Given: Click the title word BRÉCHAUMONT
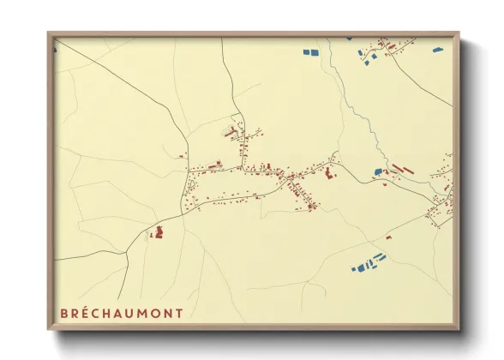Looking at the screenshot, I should (121, 313).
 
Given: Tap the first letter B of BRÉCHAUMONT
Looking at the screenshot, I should (63, 313).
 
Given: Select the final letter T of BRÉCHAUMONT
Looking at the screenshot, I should (178, 313).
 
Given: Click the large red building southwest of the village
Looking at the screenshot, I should (158, 231).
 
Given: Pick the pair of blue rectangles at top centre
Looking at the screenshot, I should (309, 52).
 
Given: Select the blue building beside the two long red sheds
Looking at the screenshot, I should (378, 171).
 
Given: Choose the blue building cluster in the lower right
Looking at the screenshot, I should (369, 262).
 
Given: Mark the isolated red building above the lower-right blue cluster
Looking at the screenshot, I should (388, 237).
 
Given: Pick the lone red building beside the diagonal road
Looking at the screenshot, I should (183, 155).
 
